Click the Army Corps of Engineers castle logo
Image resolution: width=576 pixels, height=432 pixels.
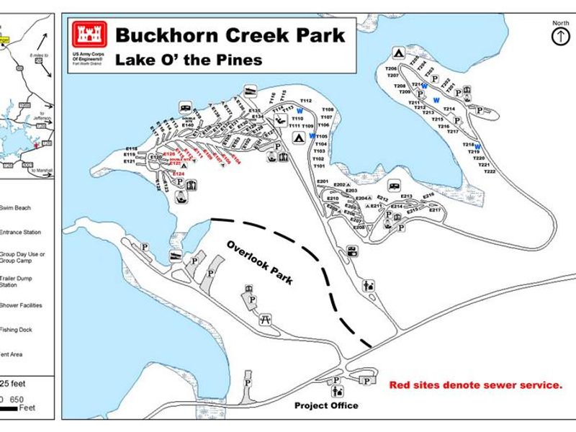coord(90,35)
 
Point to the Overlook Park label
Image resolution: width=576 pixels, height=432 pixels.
coord(260,262)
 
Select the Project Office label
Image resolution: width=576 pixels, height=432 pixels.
coord(326,405)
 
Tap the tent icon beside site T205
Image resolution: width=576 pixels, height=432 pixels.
coord(397,53)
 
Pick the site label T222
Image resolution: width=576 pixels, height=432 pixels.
coord(490,172)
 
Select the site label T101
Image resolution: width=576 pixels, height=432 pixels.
coord(320,166)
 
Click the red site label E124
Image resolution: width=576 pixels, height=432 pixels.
coord(179,174)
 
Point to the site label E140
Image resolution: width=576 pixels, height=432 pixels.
coord(188,125)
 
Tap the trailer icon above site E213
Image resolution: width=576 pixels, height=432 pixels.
coord(394,186)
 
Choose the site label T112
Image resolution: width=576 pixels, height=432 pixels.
coord(305,101)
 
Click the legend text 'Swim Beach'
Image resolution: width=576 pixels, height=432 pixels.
coord(14,205)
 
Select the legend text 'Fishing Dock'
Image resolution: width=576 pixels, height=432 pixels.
coord(17,330)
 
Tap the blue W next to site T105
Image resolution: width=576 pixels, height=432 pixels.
coord(312,135)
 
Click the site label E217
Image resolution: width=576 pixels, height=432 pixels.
coord(435,210)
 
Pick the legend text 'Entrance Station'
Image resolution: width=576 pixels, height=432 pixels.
coord(20,233)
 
